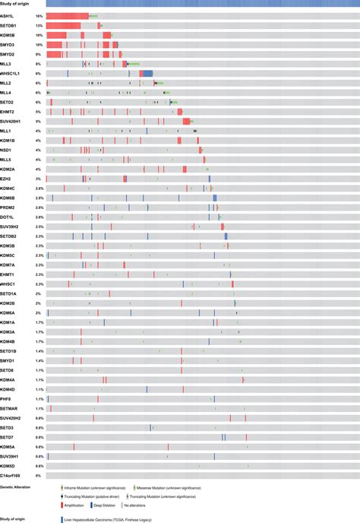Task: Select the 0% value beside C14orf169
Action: pyautogui.click(x=39, y=475)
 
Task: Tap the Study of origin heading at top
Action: pyautogui.click(x=14, y=4)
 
